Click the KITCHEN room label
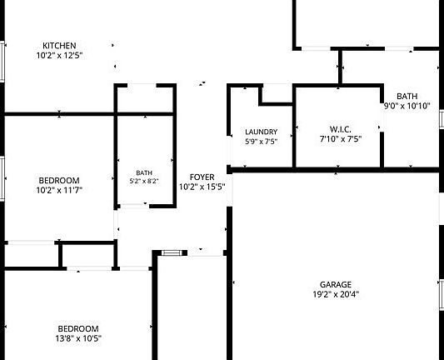click(x=59, y=46)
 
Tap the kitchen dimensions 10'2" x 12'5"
click(x=59, y=55)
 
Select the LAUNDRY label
click(x=261, y=132)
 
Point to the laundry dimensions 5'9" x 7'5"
click(x=261, y=142)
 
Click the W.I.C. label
click(x=341, y=129)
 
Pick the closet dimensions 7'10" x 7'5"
click(x=341, y=139)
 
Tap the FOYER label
click(x=202, y=177)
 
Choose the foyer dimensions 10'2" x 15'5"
click(x=202, y=187)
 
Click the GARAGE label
click(x=336, y=285)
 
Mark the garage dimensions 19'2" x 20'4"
click(x=336, y=294)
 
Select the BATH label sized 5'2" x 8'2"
click(x=144, y=172)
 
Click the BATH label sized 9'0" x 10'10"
click(x=407, y=97)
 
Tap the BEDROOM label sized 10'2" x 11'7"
click(x=59, y=181)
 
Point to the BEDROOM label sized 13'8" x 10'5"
click(x=78, y=329)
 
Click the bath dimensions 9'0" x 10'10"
click(x=407, y=106)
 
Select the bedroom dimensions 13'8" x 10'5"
click(x=78, y=338)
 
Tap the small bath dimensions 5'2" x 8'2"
click(x=144, y=182)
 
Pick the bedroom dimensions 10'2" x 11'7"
click(x=59, y=190)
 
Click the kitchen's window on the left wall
click(x=2, y=62)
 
